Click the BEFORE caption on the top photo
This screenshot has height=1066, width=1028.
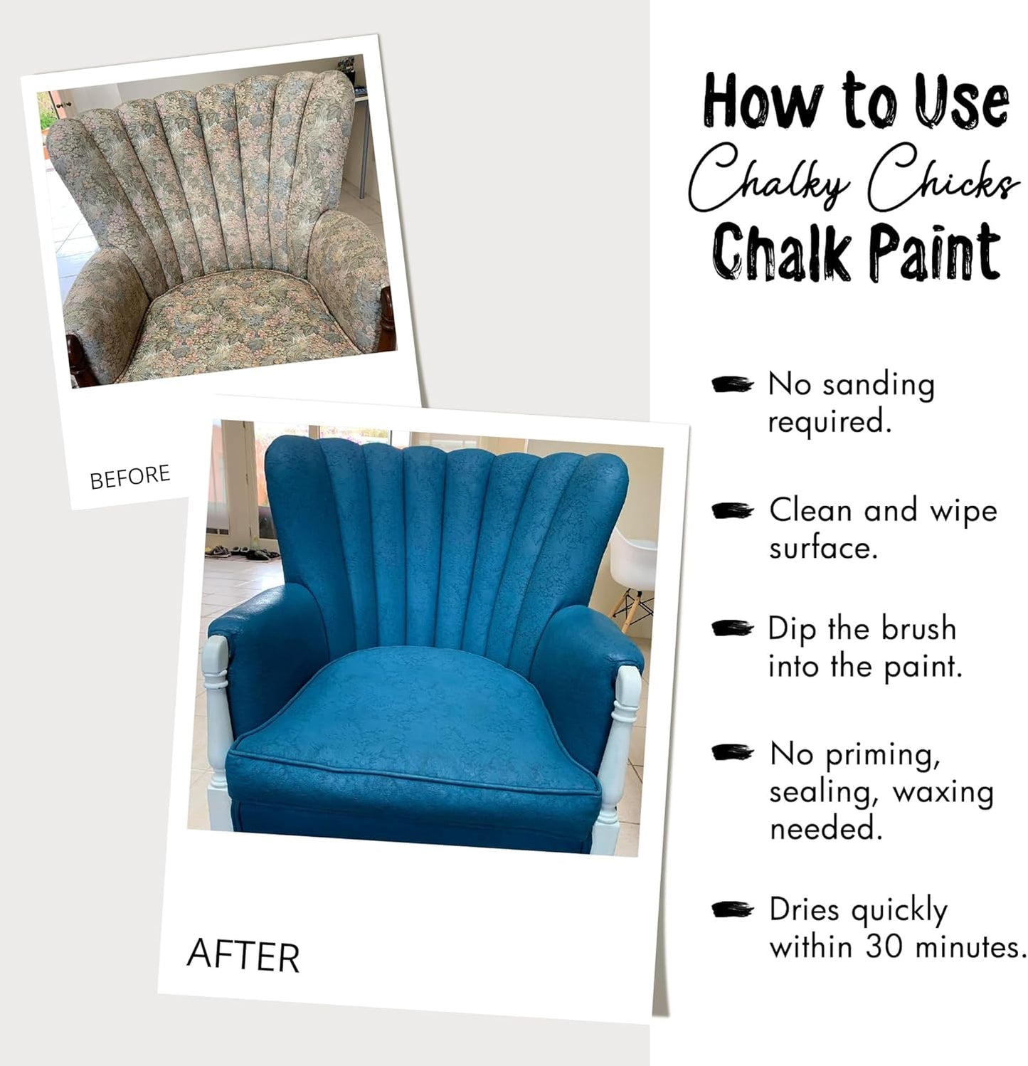130,477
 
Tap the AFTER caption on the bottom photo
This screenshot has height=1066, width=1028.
243,955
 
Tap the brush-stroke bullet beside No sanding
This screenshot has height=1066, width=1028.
732,384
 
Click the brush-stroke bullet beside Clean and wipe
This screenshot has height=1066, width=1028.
732,510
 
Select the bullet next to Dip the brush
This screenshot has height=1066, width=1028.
732,628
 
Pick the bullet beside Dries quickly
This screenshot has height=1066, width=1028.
732,909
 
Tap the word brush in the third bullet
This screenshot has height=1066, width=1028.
918,629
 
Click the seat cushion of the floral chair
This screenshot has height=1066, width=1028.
235,313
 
